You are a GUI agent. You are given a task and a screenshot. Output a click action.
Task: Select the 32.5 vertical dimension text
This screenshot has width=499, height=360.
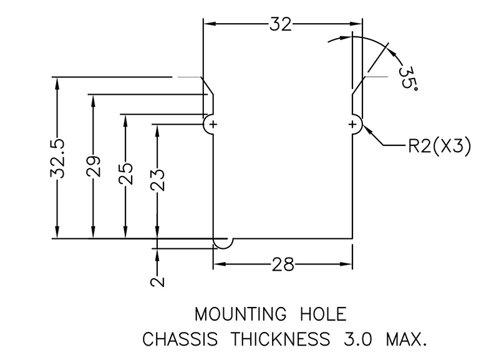pyautogui.click(x=57, y=158)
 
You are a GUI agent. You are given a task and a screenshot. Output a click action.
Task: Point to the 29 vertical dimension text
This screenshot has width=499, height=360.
pyautogui.click(x=94, y=166)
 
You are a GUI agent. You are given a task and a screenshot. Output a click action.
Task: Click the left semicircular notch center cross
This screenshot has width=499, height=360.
pyautogui.click(x=213, y=125)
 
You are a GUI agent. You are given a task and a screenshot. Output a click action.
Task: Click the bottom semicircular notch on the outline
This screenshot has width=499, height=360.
pyautogui.click(x=223, y=242)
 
